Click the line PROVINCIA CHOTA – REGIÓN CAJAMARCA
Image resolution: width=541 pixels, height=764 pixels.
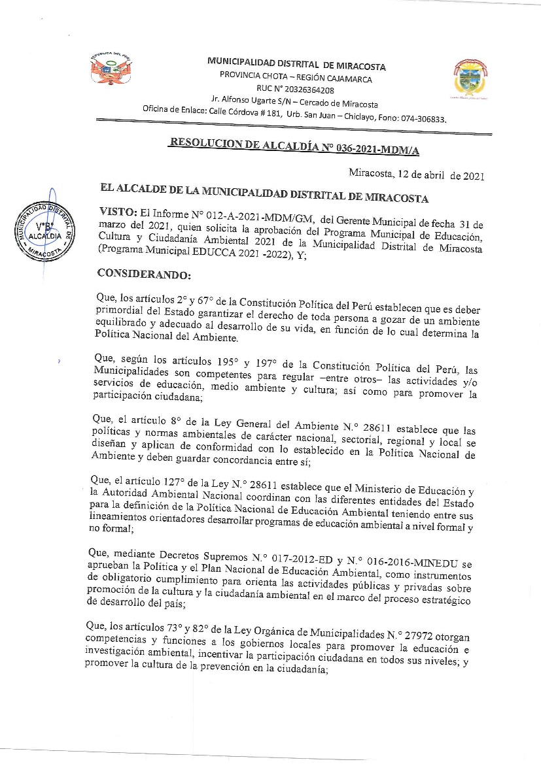tap(296, 78)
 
